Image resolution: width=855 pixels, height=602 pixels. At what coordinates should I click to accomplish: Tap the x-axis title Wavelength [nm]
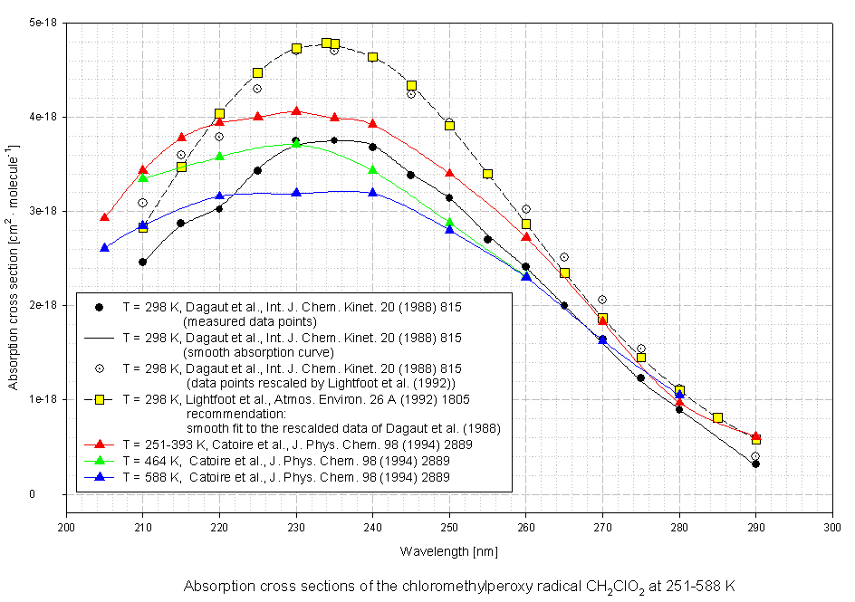pos(449,550)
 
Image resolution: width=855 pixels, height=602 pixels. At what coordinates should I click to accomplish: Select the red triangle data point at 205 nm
pos(105,217)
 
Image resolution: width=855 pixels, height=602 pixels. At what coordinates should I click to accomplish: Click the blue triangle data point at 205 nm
pos(105,247)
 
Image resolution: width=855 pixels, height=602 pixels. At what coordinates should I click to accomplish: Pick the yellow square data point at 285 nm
pos(717,417)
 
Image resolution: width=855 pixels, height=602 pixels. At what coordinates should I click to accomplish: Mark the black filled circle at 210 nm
pos(143,262)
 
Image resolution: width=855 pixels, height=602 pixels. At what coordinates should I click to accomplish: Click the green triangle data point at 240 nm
pos(373,169)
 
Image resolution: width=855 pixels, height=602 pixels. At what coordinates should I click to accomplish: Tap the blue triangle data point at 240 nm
pos(373,192)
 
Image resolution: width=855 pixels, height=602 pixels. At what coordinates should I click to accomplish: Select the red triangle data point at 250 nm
pos(449,172)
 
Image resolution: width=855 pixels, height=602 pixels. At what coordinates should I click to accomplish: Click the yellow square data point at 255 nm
pos(487,174)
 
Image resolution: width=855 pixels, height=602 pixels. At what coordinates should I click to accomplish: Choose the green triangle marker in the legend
pos(100,461)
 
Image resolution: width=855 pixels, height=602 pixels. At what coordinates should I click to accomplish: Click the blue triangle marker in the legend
pos(100,476)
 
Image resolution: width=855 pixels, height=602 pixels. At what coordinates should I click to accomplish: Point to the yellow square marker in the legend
pos(100,399)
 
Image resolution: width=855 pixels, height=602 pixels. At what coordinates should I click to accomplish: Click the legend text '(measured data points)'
pos(250,321)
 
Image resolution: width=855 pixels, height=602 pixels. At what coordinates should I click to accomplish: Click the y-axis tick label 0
pos(57,494)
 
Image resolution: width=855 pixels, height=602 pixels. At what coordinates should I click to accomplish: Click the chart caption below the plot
pos(459,587)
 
